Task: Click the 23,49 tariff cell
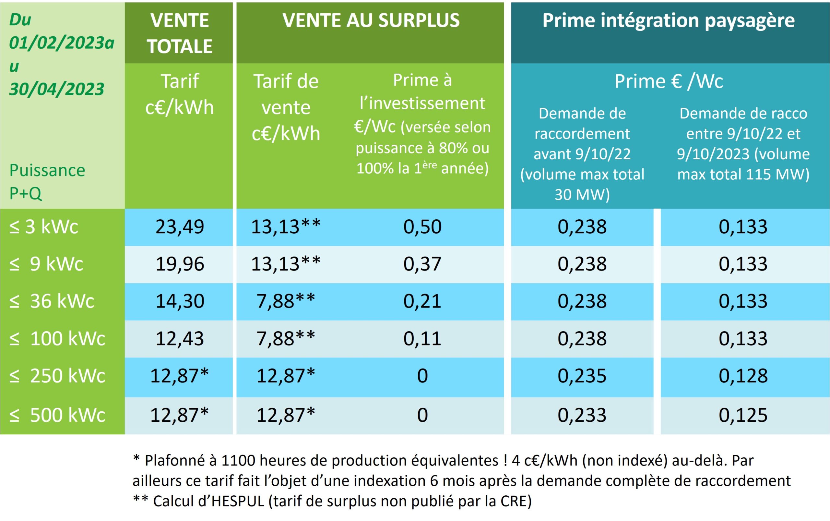[x=179, y=227]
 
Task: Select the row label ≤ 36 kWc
[x=52, y=301]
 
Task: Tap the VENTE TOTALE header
[x=179, y=33]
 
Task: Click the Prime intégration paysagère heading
[x=669, y=21]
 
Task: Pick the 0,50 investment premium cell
[x=422, y=227]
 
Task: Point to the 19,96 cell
[x=179, y=264]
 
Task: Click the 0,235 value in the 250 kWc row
[x=582, y=376]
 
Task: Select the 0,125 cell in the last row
[x=743, y=415]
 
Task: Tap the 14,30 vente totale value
[x=179, y=301]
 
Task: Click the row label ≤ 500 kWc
[x=57, y=415]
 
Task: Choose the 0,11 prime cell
[x=422, y=338]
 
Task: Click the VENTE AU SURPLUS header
[x=371, y=21]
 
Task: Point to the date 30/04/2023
[x=56, y=89]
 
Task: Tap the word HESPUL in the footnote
[x=238, y=501]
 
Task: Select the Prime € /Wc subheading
[x=669, y=82]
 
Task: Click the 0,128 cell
[x=743, y=376]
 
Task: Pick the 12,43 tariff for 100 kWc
[x=179, y=338]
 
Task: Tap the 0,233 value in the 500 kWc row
[x=582, y=415]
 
